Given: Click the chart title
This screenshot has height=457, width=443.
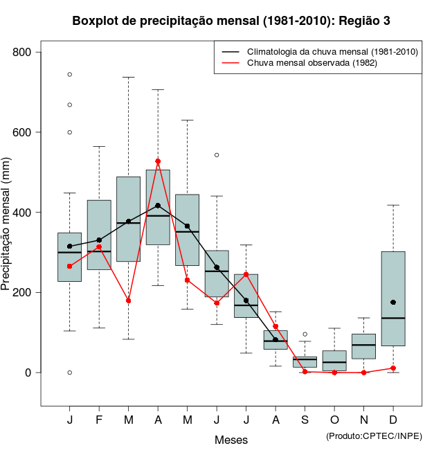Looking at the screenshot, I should (231, 21).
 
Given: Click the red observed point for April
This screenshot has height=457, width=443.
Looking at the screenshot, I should (158, 161).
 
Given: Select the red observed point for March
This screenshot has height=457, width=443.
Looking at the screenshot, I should (129, 301).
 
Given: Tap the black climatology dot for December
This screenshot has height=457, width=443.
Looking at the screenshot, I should (393, 303).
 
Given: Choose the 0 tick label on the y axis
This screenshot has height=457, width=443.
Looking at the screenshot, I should (32, 373).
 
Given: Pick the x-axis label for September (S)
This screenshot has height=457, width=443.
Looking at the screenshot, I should (305, 420).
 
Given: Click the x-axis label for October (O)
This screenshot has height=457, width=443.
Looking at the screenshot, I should (334, 420).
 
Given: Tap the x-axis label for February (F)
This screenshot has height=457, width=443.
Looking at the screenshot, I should (99, 420).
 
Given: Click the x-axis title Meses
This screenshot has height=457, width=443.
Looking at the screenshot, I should (231, 440).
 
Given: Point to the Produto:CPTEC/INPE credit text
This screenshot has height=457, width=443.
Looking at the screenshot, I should (374, 436).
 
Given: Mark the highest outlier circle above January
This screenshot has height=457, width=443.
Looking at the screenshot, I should (70, 74).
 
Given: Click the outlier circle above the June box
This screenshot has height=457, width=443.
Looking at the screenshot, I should (217, 155).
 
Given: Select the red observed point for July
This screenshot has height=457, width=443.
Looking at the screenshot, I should (246, 275).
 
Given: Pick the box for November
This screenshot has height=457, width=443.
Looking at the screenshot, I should (363, 346).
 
